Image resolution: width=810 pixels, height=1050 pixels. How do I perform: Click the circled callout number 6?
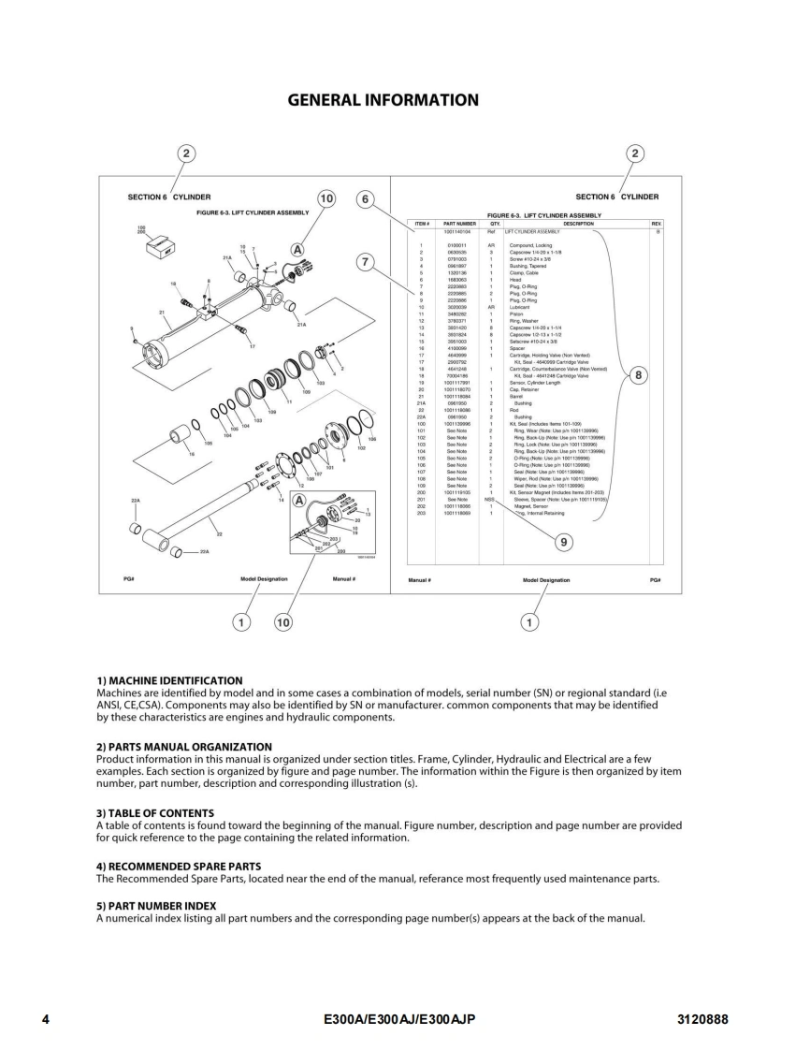(x=367, y=199)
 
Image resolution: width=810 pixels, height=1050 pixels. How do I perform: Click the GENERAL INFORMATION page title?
(x=383, y=100)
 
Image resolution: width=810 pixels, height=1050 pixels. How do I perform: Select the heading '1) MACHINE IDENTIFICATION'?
(x=169, y=680)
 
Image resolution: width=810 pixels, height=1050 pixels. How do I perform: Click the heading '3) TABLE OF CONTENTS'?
(x=155, y=812)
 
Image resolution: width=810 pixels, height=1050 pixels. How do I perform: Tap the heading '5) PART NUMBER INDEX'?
(x=156, y=906)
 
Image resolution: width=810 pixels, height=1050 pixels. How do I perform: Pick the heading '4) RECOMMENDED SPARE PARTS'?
(x=179, y=867)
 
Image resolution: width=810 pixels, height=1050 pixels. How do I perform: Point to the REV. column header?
(x=656, y=224)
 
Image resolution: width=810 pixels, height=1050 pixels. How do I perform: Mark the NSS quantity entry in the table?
(x=492, y=501)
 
